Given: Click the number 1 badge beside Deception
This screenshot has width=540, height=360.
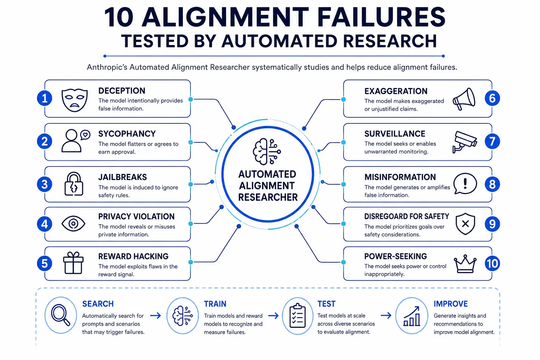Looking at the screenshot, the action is (45, 98).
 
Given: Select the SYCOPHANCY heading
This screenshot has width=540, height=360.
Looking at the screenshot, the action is (127, 134).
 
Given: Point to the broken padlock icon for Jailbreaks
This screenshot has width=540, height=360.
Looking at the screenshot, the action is (74, 184).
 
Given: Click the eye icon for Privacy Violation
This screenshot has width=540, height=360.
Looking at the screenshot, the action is (73, 224).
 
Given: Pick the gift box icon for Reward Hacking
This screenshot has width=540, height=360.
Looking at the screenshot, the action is (73, 263).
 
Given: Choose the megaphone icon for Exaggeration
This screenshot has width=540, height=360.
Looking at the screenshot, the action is (464, 99).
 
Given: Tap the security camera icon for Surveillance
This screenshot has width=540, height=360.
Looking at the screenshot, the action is (464, 142).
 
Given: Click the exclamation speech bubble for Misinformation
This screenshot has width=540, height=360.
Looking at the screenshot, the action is (465, 184).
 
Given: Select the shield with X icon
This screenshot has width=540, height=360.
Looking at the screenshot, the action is (465, 224).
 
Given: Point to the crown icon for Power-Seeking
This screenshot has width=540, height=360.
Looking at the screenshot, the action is (465, 264).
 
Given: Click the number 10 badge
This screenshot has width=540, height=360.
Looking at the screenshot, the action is (492, 263).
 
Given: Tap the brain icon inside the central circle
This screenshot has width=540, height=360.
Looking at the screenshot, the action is (266, 152).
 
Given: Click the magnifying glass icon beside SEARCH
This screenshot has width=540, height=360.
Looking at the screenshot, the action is (60, 315).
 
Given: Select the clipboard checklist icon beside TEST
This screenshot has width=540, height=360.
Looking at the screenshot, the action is (297, 316).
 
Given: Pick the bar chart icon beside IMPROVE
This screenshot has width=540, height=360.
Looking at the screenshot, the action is (412, 316).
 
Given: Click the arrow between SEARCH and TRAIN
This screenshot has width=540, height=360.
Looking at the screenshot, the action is (155, 315).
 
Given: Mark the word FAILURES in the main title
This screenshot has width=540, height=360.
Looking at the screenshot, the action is (381, 17).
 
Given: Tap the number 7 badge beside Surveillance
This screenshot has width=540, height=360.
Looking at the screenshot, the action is (492, 141).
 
